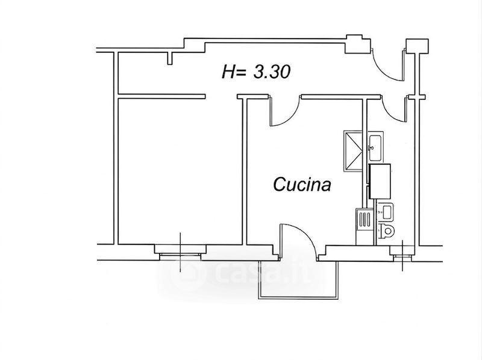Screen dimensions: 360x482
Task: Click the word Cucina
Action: [x=302, y=184]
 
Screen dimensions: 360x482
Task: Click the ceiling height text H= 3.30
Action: [x=256, y=73]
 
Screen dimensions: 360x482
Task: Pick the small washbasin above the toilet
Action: [x=385, y=211]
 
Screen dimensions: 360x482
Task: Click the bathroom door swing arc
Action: [x=395, y=111]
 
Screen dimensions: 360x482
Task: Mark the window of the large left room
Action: [x=181, y=250]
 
